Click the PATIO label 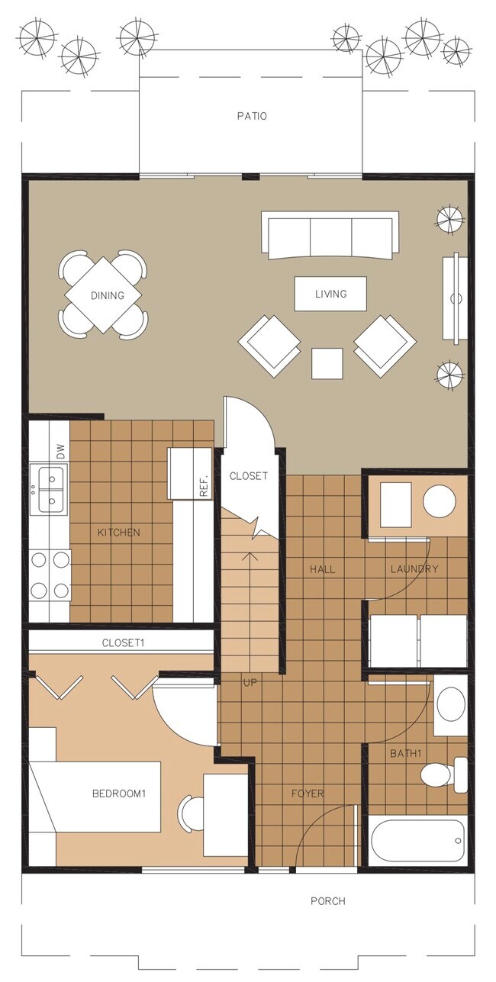(251, 117)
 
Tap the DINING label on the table (107, 296)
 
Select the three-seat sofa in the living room (330, 235)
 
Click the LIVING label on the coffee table (330, 294)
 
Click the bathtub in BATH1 (417, 840)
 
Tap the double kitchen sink (48, 488)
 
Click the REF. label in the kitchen (204, 488)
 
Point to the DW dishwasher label (60, 452)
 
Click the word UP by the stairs (250, 681)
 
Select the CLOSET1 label (123, 643)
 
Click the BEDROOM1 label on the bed (118, 794)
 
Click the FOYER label (308, 794)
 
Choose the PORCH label (327, 901)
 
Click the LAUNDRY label (414, 568)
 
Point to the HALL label (322, 568)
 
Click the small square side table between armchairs (327, 363)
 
